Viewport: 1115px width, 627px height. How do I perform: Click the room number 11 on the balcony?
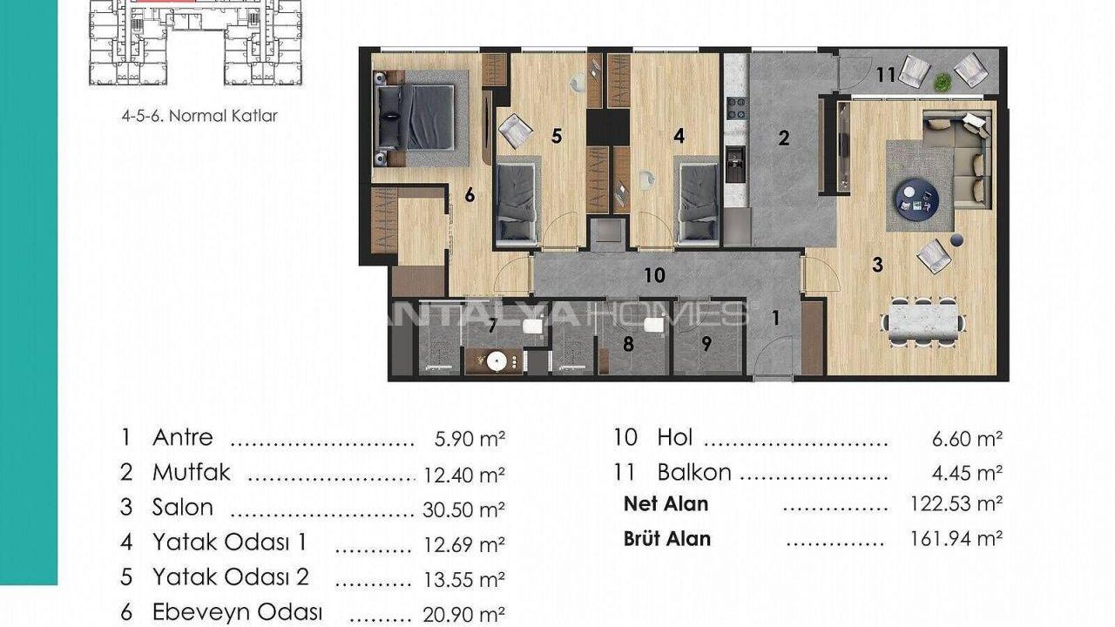tap(886, 75)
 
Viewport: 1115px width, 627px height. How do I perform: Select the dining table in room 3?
tap(923, 321)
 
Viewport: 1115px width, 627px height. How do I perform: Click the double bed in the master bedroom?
tap(416, 118)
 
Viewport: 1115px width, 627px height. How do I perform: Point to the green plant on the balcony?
tap(943, 82)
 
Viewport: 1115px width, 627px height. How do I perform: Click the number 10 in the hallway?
tap(654, 275)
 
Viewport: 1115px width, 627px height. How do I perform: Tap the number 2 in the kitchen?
tap(783, 138)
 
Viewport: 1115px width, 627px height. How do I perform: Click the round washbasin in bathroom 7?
tap(497, 361)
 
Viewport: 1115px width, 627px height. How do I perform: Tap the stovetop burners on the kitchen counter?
tap(736, 109)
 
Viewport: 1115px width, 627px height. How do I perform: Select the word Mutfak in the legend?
tap(191, 473)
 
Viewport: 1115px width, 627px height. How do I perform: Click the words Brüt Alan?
tap(667, 539)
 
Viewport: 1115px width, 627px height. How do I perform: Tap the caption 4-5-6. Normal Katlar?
tap(199, 116)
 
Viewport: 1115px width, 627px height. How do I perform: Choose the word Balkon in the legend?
tap(694, 472)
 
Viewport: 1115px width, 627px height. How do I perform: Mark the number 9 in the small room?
tap(706, 343)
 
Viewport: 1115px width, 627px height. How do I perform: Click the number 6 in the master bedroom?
tap(470, 196)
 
